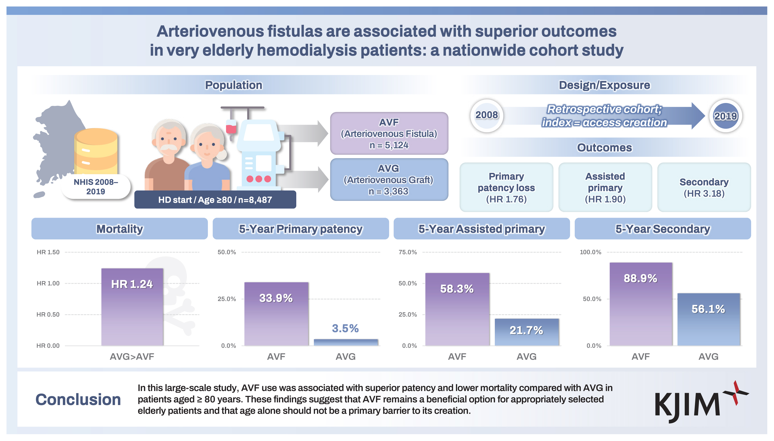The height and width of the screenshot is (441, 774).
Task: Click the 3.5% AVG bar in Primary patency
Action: pyautogui.click(x=346, y=342)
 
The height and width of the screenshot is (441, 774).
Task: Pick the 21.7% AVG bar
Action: pyautogui.click(x=526, y=332)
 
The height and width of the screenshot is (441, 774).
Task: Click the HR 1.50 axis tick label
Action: pyautogui.click(x=48, y=252)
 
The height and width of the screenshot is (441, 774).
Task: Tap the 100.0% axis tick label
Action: pyautogui.click(x=590, y=252)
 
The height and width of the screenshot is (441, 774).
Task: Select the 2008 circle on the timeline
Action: pyautogui.click(x=486, y=115)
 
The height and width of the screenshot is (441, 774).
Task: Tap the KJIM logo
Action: pyautogui.click(x=700, y=403)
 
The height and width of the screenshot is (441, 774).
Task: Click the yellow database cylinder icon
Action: pyautogui.click(x=96, y=151)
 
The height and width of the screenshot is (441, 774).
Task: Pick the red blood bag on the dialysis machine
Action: pyautogui.click(x=231, y=127)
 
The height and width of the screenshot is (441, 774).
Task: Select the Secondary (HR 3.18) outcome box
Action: pyautogui.click(x=704, y=187)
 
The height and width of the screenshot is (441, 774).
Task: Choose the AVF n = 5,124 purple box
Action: pyautogui.click(x=389, y=133)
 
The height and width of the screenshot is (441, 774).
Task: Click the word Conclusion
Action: pyautogui.click(x=78, y=399)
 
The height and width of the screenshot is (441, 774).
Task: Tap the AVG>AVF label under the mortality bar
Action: pyautogui.click(x=132, y=356)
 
